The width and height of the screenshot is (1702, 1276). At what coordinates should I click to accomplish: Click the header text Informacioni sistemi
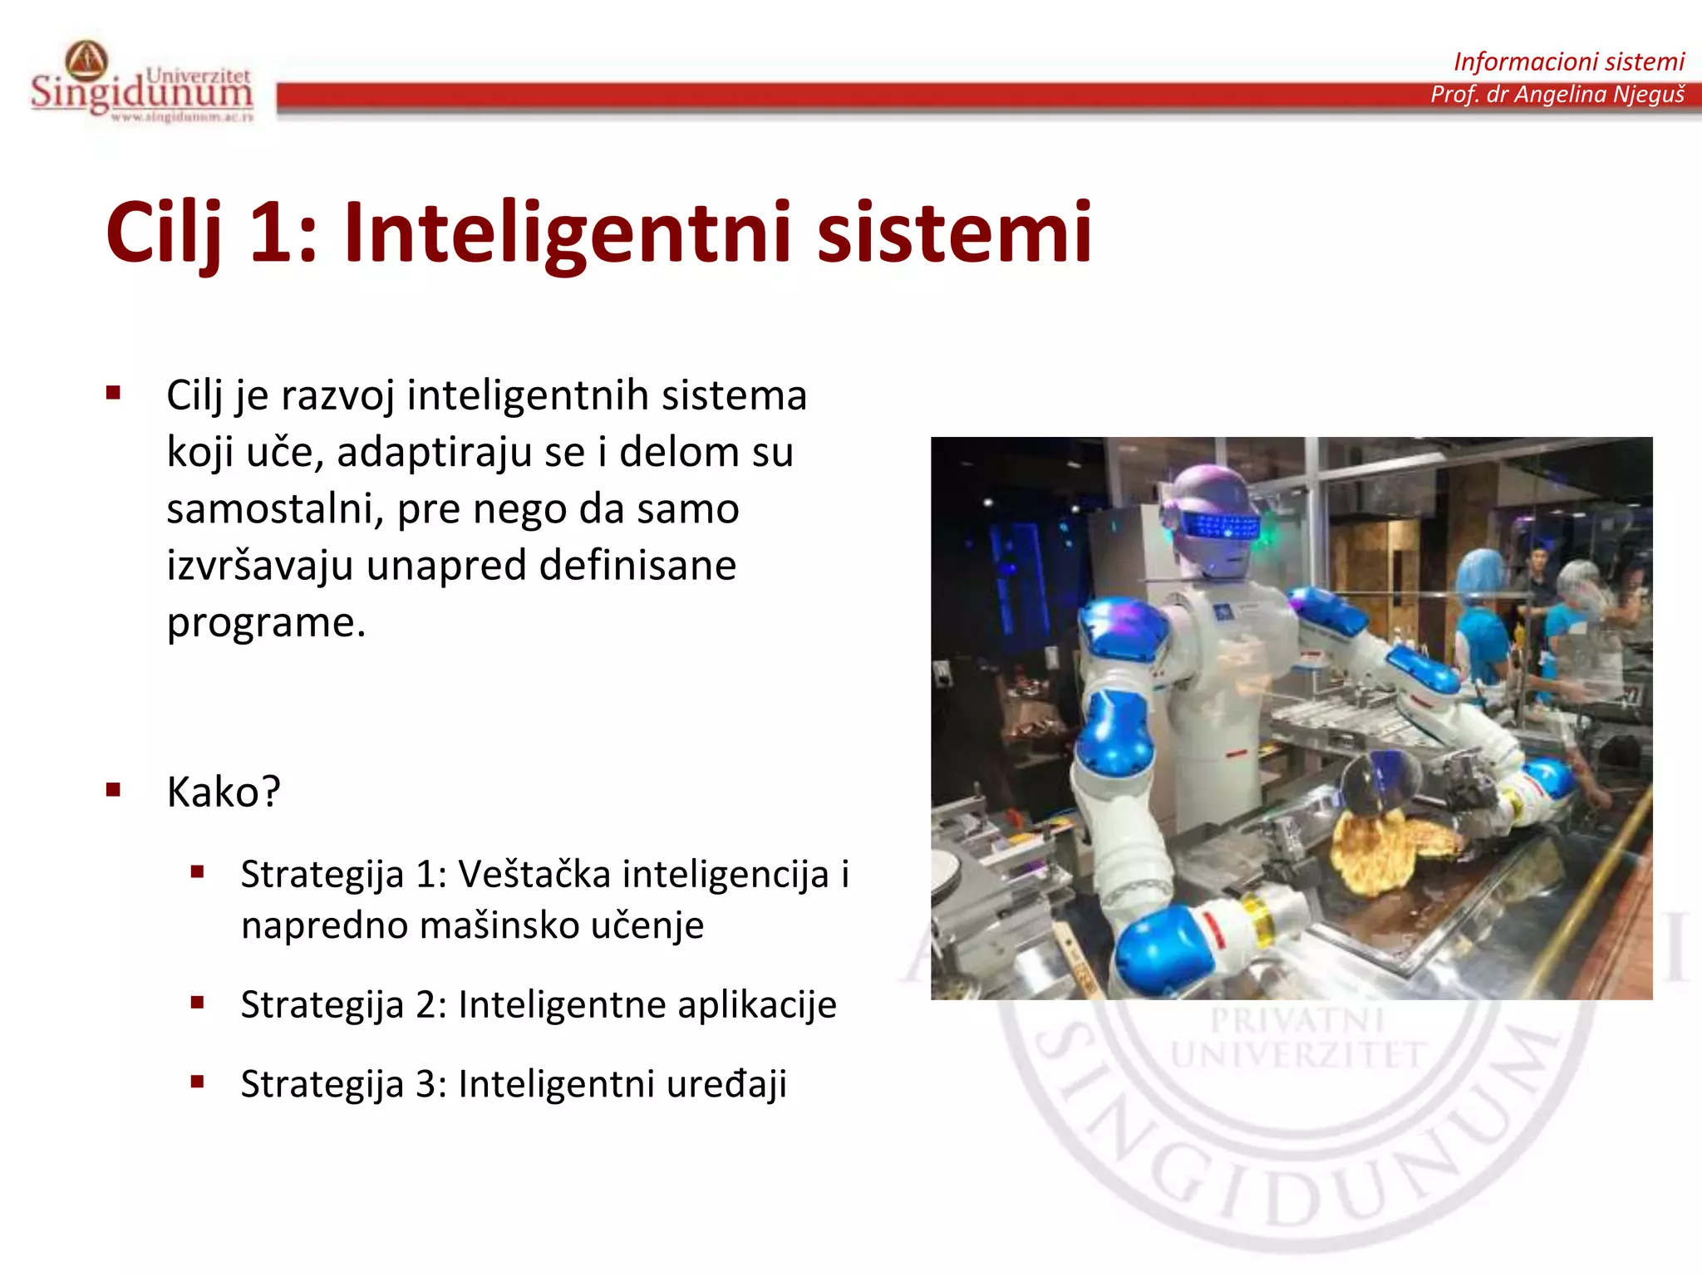(x=1568, y=61)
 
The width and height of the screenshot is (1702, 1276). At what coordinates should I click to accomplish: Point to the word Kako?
(x=224, y=792)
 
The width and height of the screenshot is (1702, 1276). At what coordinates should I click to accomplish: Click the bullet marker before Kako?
(x=114, y=790)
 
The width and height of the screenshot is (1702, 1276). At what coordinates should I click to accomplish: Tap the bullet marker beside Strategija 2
(x=197, y=1003)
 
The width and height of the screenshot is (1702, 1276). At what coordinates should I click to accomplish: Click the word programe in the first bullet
(x=266, y=623)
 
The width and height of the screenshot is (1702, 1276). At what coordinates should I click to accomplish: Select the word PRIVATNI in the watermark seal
(x=1296, y=1020)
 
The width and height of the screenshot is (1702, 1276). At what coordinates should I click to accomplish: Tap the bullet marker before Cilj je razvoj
(x=114, y=393)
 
